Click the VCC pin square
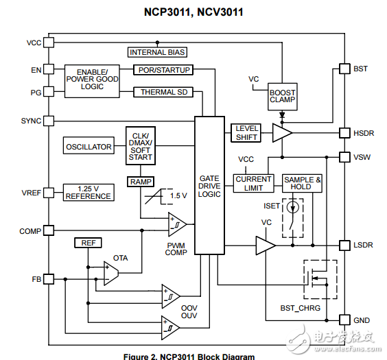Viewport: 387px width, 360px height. coord(49,43)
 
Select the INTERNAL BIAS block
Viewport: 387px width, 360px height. coord(157,52)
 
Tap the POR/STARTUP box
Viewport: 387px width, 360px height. coord(163,70)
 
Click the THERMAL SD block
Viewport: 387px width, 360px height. coord(163,92)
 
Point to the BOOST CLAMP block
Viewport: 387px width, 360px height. coord(282,97)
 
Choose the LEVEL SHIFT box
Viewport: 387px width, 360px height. coord(246,133)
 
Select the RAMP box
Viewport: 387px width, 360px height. coord(141,182)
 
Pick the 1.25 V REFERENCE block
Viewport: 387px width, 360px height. coord(89,192)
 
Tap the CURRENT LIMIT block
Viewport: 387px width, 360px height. coord(253,184)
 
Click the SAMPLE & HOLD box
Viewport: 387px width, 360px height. coord(302,183)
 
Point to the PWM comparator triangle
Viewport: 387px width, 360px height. coord(177,224)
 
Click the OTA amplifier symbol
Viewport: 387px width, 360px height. coord(111,273)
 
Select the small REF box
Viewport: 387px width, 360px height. coord(88,243)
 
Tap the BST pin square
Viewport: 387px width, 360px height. coord(344,69)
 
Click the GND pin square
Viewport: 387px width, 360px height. coord(344,320)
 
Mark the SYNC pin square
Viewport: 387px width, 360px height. coord(49,121)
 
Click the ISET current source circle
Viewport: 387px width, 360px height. coord(293,207)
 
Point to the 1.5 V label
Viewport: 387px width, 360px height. coord(178,196)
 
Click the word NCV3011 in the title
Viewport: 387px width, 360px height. coord(220,12)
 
